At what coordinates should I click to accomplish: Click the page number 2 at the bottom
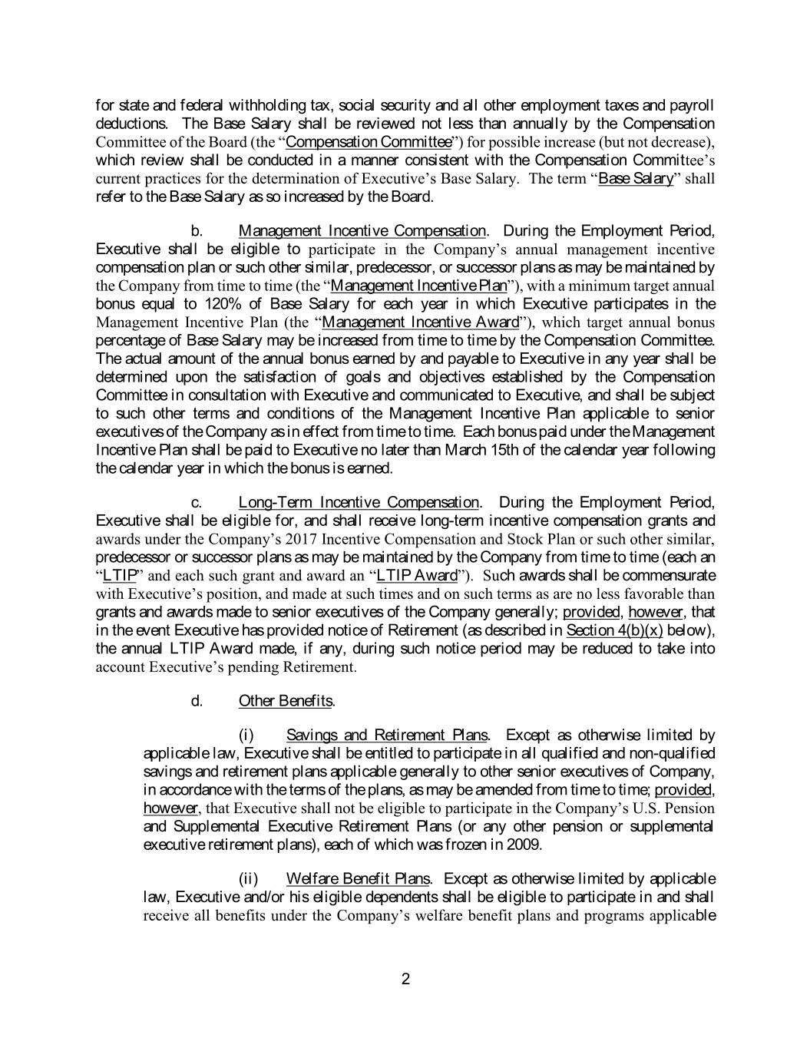tap(405, 979)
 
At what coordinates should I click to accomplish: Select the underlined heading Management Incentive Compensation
tap(362, 231)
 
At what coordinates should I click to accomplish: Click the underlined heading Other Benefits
tap(286, 701)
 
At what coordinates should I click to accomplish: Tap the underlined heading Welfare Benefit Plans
tap(358, 878)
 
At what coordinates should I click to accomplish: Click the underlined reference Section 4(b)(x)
tap(614, 631)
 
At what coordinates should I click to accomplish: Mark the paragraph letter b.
tap(196, 231)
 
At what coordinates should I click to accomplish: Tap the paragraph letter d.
tap(197, 701)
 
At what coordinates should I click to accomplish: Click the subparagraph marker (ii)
tap(247, 878)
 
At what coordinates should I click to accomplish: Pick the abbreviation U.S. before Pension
tap(650, 808)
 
